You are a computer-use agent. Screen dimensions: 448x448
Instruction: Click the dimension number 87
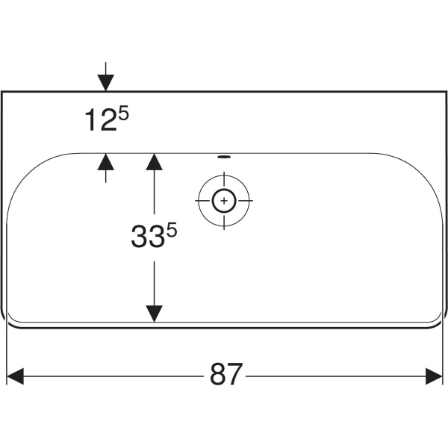click(x=226, y=374)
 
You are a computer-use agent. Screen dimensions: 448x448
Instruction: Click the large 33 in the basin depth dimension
click(x=148, y=236)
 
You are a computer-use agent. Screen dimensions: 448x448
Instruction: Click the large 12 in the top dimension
click(x=101, y=119)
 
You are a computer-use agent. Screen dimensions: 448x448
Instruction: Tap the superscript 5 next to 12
click(x=124, y=113)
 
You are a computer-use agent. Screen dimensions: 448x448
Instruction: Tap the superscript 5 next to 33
click(x=172, y=230)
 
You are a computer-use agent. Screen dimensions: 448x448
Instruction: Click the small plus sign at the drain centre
click(x=224, y=201)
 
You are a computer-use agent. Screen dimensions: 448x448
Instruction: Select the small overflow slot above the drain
click(x=224, y=157)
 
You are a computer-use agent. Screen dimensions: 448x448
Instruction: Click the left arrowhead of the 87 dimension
click(x=15, y=376)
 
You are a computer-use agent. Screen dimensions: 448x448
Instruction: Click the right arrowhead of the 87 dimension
click(x=434, y=376)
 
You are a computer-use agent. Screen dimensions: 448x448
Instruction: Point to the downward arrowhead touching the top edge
click(x=106, y=83)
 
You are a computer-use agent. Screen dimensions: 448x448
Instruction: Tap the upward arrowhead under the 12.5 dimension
click(x=106, y=162)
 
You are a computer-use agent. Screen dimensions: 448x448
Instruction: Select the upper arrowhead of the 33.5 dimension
click(x=155, y=162)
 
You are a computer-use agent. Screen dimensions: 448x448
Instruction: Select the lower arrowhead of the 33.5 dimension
click(x=155, y=314)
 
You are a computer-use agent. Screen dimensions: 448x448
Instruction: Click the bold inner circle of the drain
click(x=224, y=201)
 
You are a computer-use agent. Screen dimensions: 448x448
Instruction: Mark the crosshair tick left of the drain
click(x=202, y=201)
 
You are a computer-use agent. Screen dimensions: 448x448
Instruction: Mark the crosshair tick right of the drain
click(x=246, y=201)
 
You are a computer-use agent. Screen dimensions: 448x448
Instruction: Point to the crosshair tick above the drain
click(x=224, y=179)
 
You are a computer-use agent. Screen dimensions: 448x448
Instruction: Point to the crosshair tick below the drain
click(x=224, y=223)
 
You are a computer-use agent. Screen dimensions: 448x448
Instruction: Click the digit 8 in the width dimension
click(x=218, y=374)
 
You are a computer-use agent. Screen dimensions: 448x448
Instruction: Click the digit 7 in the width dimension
click(x=235, y=374)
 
